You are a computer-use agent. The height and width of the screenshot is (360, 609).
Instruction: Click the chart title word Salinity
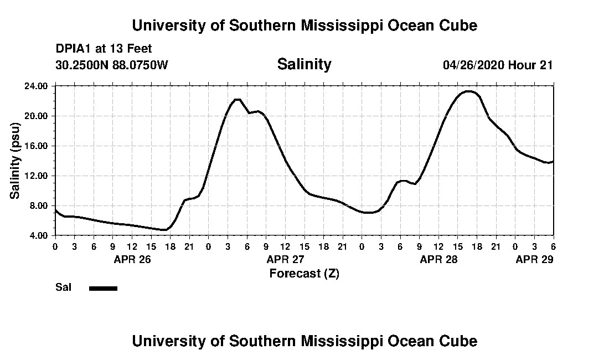tap(304, 64)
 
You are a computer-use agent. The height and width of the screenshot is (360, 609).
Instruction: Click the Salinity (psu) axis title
tap(15, 161)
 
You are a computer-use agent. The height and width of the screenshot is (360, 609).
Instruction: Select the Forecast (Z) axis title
tap(304, 273)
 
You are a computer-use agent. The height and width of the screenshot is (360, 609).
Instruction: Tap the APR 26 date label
tap(132, 259)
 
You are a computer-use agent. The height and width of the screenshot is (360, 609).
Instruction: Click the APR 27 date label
tap(286, 259)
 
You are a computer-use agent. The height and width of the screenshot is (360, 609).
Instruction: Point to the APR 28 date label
tap(439, 259)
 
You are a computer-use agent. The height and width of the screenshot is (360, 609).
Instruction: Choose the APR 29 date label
tap(535, 259)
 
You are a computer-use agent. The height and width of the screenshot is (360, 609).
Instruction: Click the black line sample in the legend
tap(103, 288)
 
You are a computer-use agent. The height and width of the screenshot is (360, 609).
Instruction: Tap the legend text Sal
tap(62, 287)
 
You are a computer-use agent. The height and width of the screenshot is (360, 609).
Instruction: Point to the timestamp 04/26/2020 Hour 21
tap(498, 65)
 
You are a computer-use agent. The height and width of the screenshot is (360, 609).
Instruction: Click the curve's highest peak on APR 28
tap(468, 91)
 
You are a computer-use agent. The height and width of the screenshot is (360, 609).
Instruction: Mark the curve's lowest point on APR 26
tap(164, 229)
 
